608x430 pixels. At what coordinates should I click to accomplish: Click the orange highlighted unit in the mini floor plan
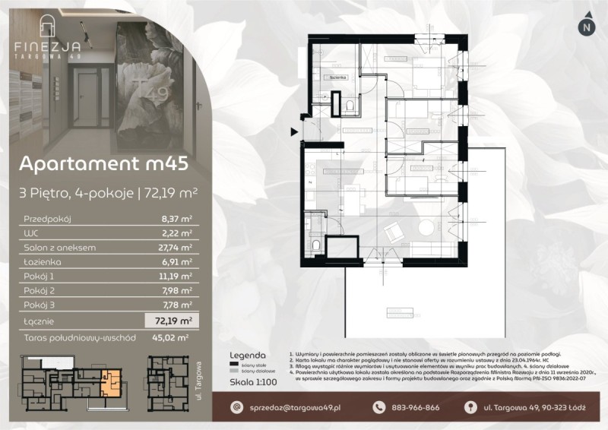(x=112, y=381)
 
